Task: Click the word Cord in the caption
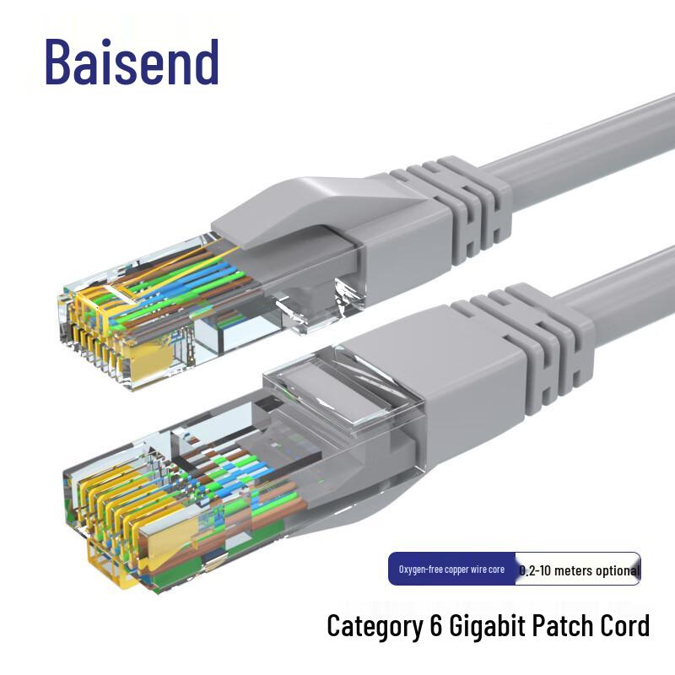click(x=623, y=626)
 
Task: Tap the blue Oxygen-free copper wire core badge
click(x=451, y=570)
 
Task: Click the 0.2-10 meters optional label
click(x=579, y=570)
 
